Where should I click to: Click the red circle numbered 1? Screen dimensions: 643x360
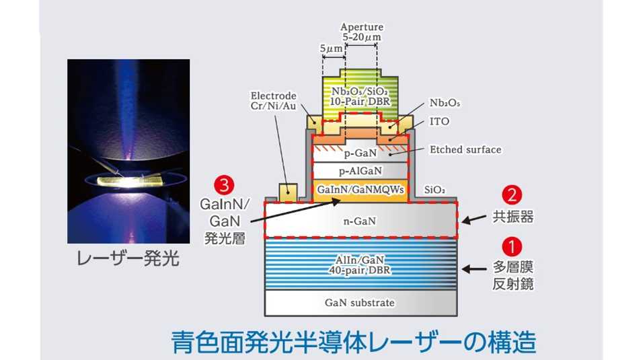(512, 247)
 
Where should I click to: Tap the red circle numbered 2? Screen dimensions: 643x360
(512, 195)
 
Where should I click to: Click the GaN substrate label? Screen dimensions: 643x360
(360, 303)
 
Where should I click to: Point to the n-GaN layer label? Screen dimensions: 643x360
(360, 221)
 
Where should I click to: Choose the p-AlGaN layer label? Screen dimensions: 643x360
(360, 171)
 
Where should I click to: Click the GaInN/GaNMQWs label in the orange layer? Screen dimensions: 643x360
(361, 190)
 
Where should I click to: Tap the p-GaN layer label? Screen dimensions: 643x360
(360, 153)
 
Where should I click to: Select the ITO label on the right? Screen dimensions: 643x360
(439, 122)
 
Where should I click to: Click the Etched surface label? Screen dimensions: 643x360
(465, 149)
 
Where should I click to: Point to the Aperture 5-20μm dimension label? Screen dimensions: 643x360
(362, 32)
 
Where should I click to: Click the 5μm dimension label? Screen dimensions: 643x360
(331, 48)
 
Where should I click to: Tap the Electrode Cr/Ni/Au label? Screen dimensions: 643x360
(274, 101)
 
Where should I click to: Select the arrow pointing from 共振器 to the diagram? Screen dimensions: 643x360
(474, 219)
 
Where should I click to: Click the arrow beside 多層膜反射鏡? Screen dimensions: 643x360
(474, 269)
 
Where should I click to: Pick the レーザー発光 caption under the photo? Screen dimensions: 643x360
(128, 258)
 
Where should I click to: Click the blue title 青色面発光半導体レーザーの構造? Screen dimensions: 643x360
(354, 342)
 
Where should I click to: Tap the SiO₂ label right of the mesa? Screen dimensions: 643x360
(434, 190)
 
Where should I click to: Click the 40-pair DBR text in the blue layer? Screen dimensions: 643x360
(360, 271)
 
